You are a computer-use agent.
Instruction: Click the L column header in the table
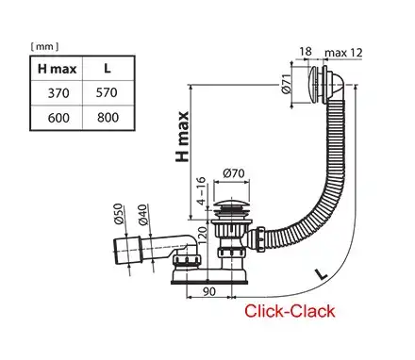(x=108, y=69)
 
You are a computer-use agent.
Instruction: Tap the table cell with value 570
(x=108, y=95)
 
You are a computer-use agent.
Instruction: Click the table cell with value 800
(x=108, y=121)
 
